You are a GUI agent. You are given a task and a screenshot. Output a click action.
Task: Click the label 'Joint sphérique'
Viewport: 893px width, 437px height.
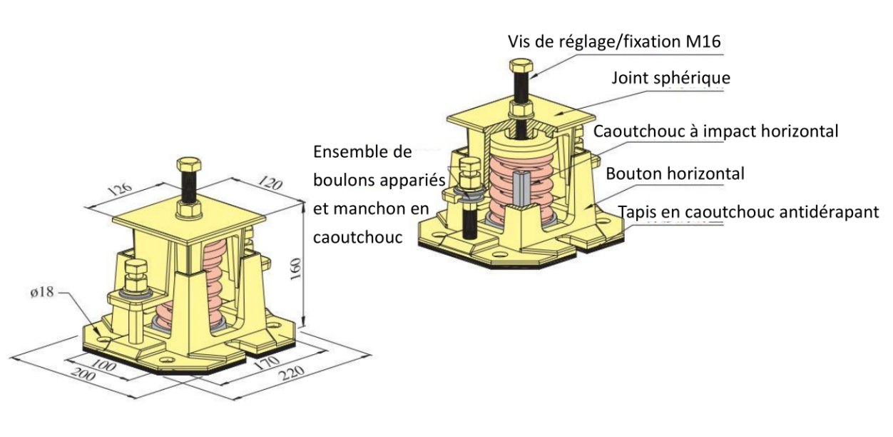670,77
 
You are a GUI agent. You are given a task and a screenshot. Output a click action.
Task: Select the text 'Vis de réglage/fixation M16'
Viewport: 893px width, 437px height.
615,41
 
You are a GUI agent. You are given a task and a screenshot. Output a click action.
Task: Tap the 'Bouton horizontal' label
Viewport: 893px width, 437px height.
675,173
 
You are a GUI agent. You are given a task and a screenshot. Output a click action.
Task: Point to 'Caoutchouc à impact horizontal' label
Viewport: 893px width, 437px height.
715,131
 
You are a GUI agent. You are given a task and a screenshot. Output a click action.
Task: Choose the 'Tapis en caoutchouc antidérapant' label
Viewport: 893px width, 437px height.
748,213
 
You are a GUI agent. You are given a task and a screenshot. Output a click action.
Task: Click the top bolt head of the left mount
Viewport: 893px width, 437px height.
189,166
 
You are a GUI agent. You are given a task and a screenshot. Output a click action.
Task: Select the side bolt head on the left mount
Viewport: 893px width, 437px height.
136,270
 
